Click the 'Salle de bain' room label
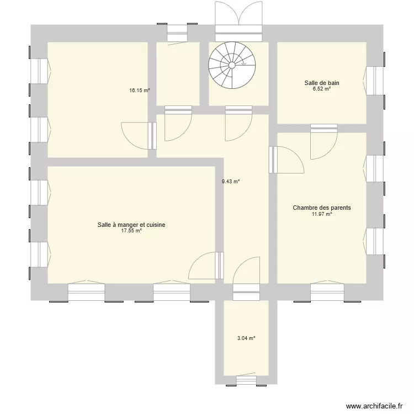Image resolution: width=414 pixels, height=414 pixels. click(x=321, y=83)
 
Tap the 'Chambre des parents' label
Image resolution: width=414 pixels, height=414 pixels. click(x=322, y=208)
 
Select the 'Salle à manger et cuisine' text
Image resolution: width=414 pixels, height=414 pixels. click(x=131, y=225)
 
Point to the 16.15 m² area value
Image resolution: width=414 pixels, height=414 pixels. click(x=140, y=91)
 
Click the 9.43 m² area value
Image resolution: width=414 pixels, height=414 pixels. click(x=231, y=181)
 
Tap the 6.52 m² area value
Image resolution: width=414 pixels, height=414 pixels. click(x=321, y=89)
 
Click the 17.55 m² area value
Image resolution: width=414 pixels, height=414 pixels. click(x=131, y=231)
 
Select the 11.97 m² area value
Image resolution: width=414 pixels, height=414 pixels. click(x=322, y=214)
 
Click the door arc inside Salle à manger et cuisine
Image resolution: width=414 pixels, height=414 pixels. click(x=203, y=265)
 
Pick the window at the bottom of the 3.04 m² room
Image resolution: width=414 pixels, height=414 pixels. click(x=246, y=380)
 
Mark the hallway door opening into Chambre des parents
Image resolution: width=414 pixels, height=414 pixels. click(x=286, y=160)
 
